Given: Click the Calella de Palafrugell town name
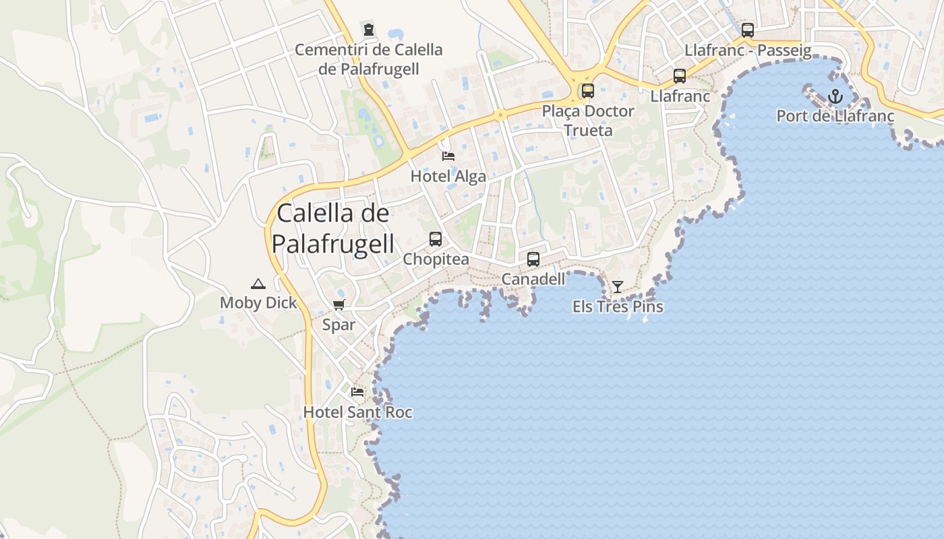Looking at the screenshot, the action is pos(332,228).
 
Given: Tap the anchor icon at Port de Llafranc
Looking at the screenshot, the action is pos(835,96).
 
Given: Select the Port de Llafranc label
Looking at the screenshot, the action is pos(835,116).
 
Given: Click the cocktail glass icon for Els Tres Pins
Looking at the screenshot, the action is pos(617,287).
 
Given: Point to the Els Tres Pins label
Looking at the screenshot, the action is pos(618,307).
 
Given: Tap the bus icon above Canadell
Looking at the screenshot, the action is pos(533,259).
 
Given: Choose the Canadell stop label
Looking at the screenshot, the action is pos(533,278).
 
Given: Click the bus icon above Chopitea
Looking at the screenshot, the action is pos(436,239).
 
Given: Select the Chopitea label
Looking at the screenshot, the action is pos(436,259).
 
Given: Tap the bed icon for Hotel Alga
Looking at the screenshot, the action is pos(448,156).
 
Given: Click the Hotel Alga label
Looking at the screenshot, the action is pos(448,177).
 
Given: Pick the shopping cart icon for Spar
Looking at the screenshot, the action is pos(338,305).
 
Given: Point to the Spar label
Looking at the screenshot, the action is pos(338,325).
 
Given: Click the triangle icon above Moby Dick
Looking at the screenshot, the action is pos(258,284).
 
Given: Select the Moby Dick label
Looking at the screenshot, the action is pos(258,303).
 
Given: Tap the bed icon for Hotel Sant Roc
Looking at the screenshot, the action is pos(357,391).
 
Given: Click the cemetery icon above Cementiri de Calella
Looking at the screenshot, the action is pos(369,29).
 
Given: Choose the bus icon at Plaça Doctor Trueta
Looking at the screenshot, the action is pos(588,90).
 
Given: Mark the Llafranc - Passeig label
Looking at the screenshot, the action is pos(748,51).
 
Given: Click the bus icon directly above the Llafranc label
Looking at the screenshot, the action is pos(680,76).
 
